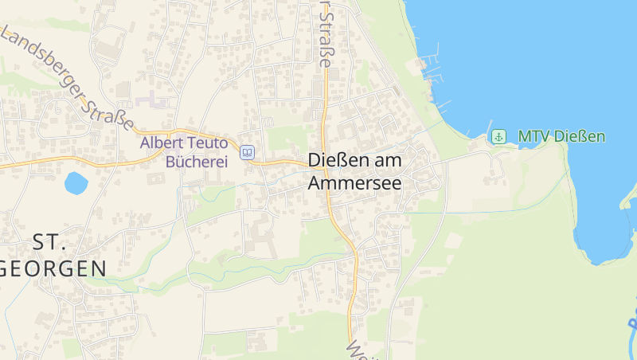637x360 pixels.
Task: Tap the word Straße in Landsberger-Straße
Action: click(x=112, y=111)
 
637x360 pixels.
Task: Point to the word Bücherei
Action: click(x=196, y=162)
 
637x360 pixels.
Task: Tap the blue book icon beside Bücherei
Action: click(x=248, y=152)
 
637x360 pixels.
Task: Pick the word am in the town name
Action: click(x=382, y=161)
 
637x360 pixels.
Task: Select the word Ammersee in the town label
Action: click(x=354, y=182)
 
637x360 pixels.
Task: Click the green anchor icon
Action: click(x=498, y=136)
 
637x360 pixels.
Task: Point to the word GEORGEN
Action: click(x=54, y=268)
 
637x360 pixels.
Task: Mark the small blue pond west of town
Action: click(x=76, y=183)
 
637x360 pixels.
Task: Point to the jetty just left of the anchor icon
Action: click(x=483, y=135)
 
